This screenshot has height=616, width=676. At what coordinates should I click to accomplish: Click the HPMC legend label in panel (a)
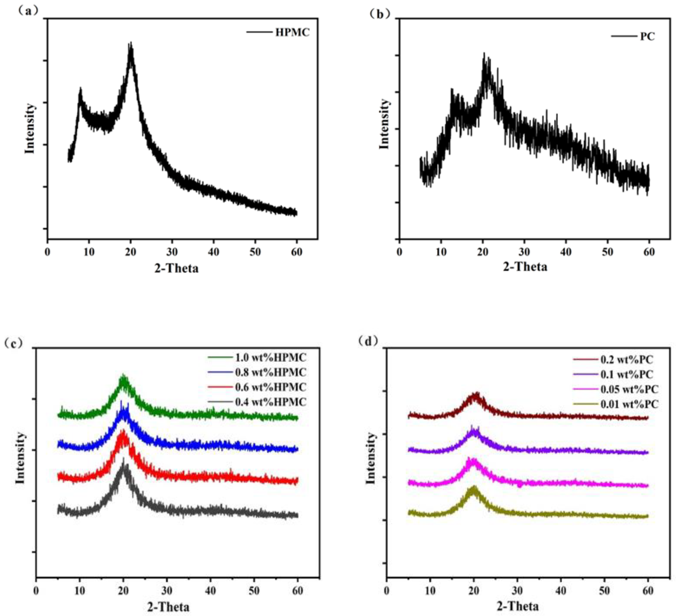tap(292, 33)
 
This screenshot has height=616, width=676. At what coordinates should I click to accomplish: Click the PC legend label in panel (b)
tap(647, 36)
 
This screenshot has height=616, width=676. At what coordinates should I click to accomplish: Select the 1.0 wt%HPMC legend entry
tap(270, 357)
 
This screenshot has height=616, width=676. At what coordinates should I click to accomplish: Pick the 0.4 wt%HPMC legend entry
tap(270, 402)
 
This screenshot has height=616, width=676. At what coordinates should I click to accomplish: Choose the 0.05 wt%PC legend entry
tap(629, 389)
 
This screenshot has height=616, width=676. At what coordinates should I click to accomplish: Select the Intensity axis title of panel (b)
tap(384, 124)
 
